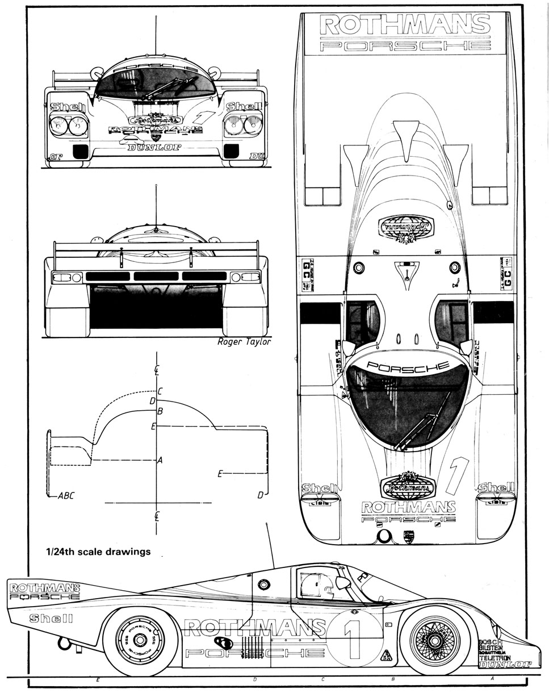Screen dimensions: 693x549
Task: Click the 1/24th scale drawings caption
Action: [x=98, y=551]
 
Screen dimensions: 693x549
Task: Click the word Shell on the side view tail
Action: [x=51, y=618]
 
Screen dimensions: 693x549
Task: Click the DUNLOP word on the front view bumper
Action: [x=154, y=148]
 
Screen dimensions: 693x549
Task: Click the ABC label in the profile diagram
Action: [x=66, y=495]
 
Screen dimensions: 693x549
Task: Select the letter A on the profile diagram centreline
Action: [x=160, y=461]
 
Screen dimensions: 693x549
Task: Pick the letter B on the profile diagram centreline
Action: [x=160, y=411]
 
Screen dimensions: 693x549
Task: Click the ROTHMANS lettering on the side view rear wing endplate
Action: [x=45, y=588]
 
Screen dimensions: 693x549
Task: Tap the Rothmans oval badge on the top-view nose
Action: [x=407, y=485]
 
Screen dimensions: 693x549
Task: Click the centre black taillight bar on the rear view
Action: [x=156, y=276]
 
